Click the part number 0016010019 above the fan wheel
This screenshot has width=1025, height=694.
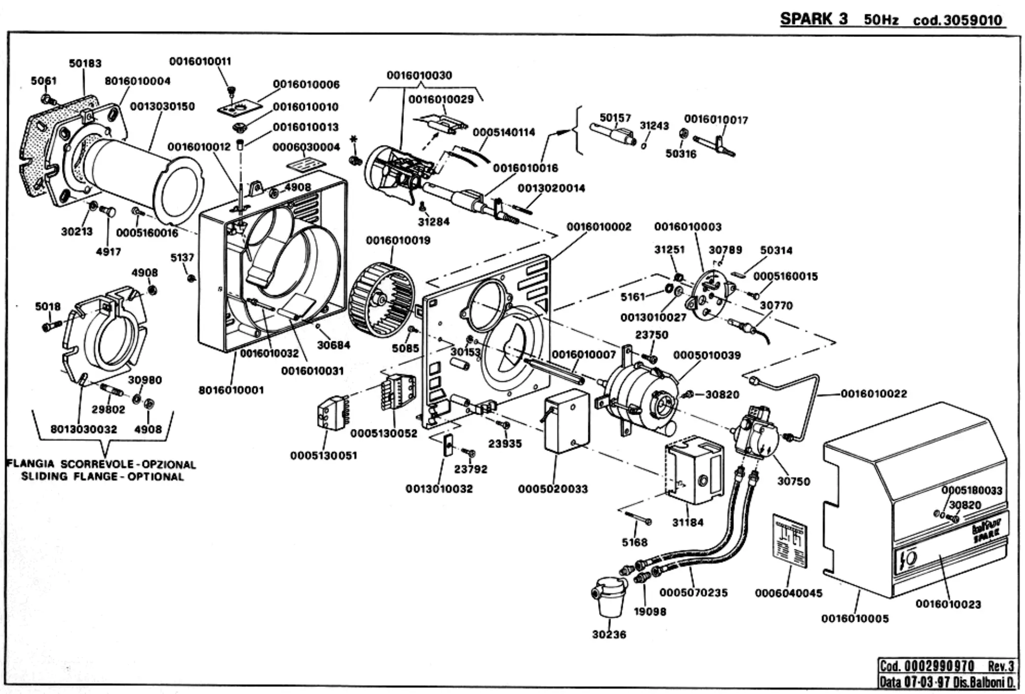(398, 241)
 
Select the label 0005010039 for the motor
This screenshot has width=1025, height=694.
(707, 355)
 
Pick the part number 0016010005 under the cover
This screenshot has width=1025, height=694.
(855, 619)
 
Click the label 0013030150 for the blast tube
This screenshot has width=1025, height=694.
(162, 107)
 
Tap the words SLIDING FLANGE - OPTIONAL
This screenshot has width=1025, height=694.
(102, 477)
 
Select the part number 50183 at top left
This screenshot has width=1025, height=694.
(85, 63)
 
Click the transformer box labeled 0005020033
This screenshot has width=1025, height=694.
(566, 421)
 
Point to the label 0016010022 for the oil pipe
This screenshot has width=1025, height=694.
(874, 394)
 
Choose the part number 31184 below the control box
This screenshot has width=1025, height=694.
(688, 523)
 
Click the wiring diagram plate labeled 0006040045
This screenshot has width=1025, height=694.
(789, 541)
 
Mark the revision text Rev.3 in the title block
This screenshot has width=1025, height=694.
(1001, 666)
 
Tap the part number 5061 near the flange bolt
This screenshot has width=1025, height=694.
(44, 81)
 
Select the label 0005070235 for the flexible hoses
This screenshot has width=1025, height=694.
(693, 593)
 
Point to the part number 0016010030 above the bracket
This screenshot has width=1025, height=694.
(419, 75)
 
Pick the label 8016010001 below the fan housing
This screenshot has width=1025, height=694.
(231, 390)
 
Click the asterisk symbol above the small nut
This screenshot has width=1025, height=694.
(353, 140)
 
